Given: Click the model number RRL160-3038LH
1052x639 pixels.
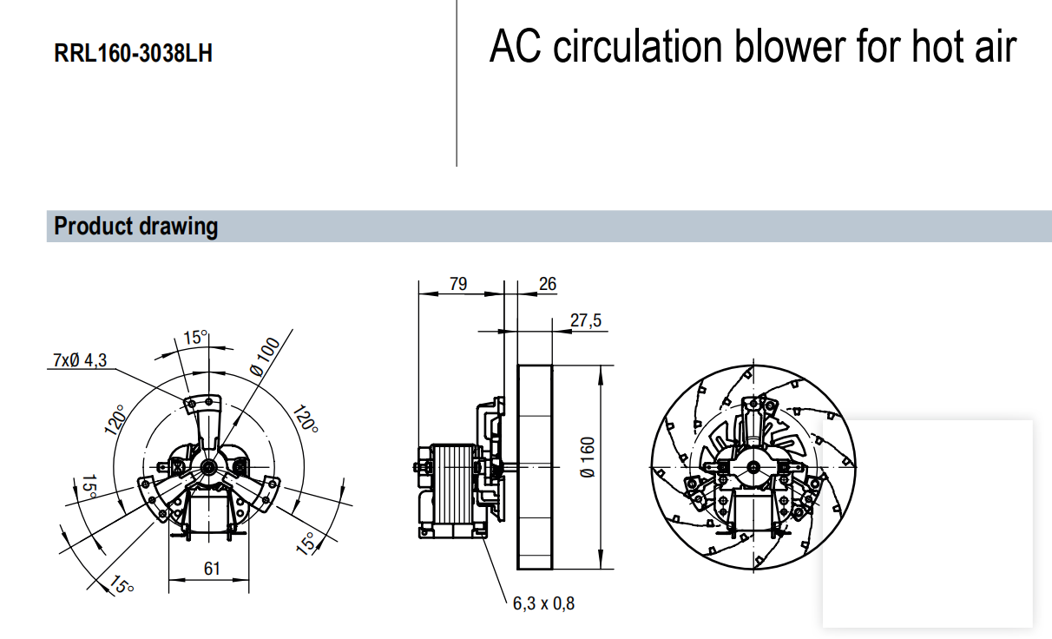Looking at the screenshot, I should point(133,54).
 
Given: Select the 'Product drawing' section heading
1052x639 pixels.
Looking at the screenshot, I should point(135,227).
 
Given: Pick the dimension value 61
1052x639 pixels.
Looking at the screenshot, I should point(212,569).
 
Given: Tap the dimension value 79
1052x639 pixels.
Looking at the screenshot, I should point(458,284).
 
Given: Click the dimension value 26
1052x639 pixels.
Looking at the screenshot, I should point(547,284).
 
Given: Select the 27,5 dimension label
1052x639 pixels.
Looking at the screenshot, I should point(585,320).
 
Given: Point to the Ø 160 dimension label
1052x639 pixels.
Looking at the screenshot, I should point(588,458).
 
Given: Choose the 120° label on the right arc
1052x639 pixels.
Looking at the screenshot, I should point(306,418).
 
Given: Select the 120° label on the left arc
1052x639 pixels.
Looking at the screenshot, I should point(115,424).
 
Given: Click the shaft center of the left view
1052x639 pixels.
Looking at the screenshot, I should point(210,467).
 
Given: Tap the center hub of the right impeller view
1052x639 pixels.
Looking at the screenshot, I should point(753,468).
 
